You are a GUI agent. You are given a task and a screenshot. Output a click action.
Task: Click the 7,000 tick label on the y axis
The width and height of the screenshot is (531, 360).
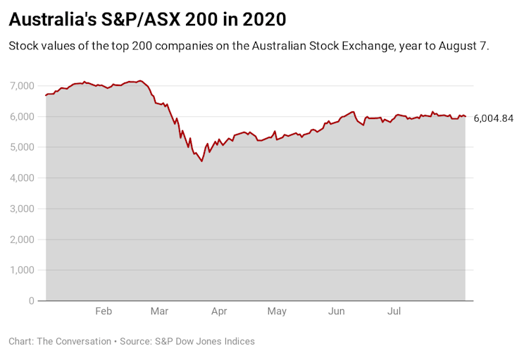(x=21, y=86)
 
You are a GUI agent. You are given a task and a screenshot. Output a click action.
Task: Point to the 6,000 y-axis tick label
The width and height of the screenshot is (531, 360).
(x=21, y=117)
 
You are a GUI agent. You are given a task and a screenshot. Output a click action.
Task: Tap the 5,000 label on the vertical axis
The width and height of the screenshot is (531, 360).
(x=21, y=147)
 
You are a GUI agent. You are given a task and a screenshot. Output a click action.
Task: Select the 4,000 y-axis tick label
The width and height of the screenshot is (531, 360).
(x=21, y=178)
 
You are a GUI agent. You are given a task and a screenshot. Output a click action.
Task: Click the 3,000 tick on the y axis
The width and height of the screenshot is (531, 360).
(x=21, y=209)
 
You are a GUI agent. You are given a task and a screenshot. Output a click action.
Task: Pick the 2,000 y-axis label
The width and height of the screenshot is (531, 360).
(x=21, y=240)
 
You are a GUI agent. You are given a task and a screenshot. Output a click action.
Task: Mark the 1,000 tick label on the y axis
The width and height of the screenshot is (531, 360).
(x=21, y=271)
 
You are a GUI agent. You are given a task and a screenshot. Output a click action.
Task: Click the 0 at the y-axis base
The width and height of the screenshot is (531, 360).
(x=30, y=301)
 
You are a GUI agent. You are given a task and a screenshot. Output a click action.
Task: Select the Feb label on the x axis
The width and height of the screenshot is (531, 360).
(x=104, y=311)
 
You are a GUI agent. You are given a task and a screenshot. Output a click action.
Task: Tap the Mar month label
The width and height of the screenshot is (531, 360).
(x=159, y=311)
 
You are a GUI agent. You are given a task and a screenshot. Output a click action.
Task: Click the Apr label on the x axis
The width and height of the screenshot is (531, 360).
(x=219, y=311)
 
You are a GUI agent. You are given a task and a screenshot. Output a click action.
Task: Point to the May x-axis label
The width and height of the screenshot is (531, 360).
(x=277, y=311)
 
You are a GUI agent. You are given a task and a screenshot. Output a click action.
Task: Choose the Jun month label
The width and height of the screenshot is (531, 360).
(x=337, y=311)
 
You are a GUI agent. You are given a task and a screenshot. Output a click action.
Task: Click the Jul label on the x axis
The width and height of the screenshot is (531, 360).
(x=394, y=311)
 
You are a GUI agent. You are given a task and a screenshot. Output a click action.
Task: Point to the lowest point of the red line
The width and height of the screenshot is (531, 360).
(x=202, y=161)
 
